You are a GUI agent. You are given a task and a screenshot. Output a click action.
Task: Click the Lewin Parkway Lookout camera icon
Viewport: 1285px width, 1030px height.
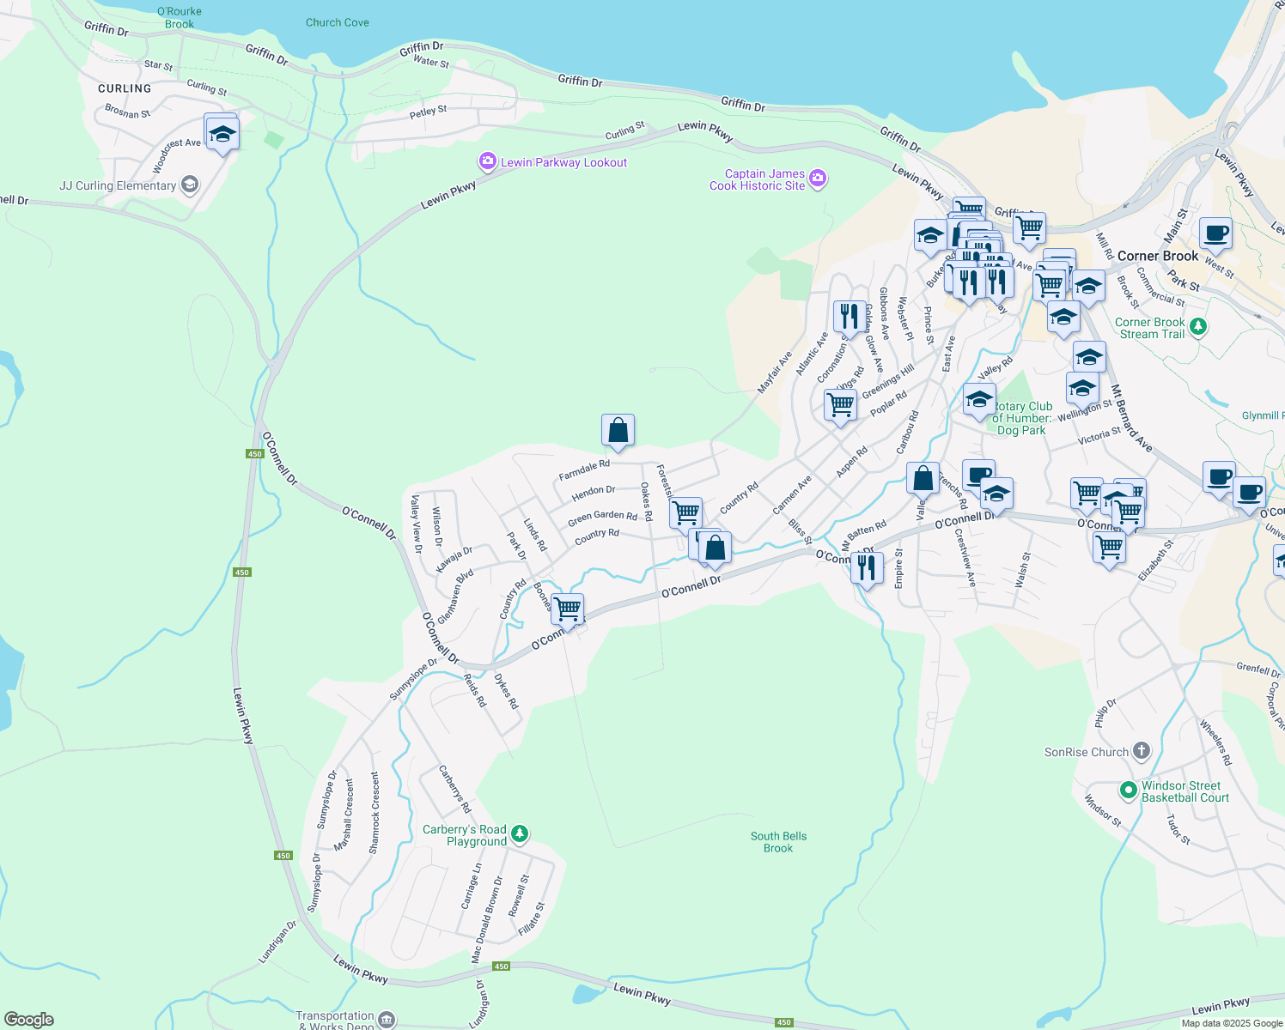coord(488,161)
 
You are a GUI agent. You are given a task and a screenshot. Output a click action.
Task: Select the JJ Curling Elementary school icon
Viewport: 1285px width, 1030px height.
coord(190,185)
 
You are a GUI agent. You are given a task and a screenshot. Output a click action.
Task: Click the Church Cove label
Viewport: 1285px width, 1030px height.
coord(338,22)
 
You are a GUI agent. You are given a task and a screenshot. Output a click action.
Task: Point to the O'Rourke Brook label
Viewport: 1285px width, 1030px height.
coord(180,17)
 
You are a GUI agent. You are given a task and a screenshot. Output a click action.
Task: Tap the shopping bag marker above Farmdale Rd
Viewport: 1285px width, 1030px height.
coord(618,430)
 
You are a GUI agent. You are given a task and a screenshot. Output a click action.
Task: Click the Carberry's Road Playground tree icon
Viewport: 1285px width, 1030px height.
coord(519,833)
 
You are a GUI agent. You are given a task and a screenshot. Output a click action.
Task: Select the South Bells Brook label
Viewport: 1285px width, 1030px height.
coord(778,842)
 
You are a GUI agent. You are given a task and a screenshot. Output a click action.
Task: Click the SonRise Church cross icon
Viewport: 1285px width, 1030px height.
coord(1141,751)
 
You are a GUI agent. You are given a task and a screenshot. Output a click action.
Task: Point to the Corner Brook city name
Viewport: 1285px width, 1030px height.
coord(1157,256)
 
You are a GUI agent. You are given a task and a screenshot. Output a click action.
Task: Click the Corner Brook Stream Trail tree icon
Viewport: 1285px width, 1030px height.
coord(1198,326)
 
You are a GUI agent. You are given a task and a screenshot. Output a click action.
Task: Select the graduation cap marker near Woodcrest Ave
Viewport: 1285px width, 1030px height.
coord(222,134)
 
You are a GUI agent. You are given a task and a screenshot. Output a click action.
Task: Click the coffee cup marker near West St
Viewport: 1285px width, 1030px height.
coord(1215,233)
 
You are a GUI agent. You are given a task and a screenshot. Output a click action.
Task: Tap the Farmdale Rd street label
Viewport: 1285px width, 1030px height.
coord(584,470)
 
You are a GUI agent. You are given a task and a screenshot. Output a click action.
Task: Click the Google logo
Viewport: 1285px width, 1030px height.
coord(29,1019)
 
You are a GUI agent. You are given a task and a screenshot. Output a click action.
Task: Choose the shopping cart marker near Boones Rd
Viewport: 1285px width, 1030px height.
coord(567,609)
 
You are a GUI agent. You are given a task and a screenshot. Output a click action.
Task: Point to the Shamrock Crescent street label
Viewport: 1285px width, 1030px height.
coord(375,812)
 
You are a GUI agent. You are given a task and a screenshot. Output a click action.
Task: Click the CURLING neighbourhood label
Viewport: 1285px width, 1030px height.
coord(125,88)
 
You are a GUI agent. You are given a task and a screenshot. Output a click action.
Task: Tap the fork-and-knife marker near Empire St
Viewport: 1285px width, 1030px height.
coord(867,568)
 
